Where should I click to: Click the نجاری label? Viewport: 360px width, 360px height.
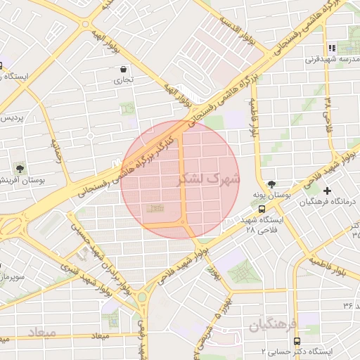tap(124, 81)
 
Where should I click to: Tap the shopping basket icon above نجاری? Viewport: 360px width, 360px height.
tap(124, 70)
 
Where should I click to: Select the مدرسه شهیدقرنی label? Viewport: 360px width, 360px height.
tap(327, 60)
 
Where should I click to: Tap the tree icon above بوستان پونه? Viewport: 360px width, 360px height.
tap(272, 184)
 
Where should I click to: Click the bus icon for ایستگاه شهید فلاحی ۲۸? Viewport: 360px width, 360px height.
tap(262, 209)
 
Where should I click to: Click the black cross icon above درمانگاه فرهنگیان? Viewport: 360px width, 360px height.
tap(327, 191)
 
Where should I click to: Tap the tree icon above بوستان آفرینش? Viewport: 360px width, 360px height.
tap(19, 169)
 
